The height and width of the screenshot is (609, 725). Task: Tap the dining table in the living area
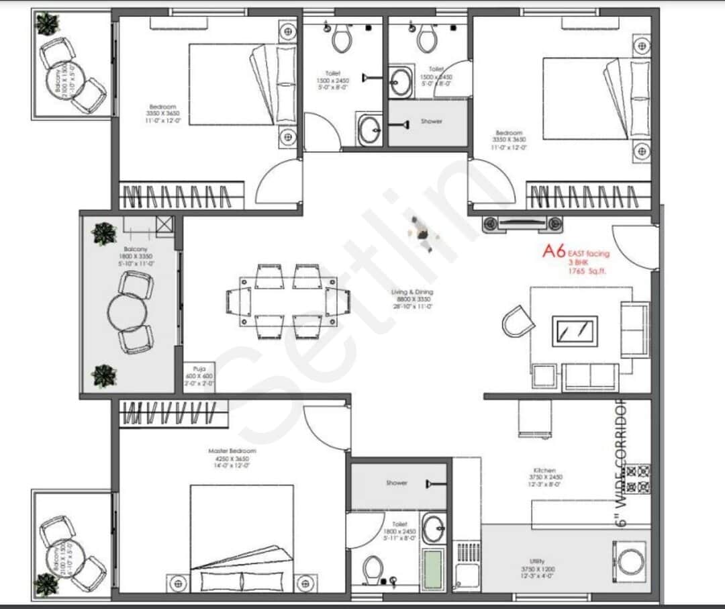pos(288,301)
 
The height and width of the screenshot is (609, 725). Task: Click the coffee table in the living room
pos(575,330)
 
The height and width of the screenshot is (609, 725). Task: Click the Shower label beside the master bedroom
pos(396,483)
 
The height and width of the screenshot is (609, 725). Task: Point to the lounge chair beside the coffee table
pos(518,320)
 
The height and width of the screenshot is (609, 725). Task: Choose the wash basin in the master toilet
pos(433,528)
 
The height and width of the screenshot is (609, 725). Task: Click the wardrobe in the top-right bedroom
pos(588,196)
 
